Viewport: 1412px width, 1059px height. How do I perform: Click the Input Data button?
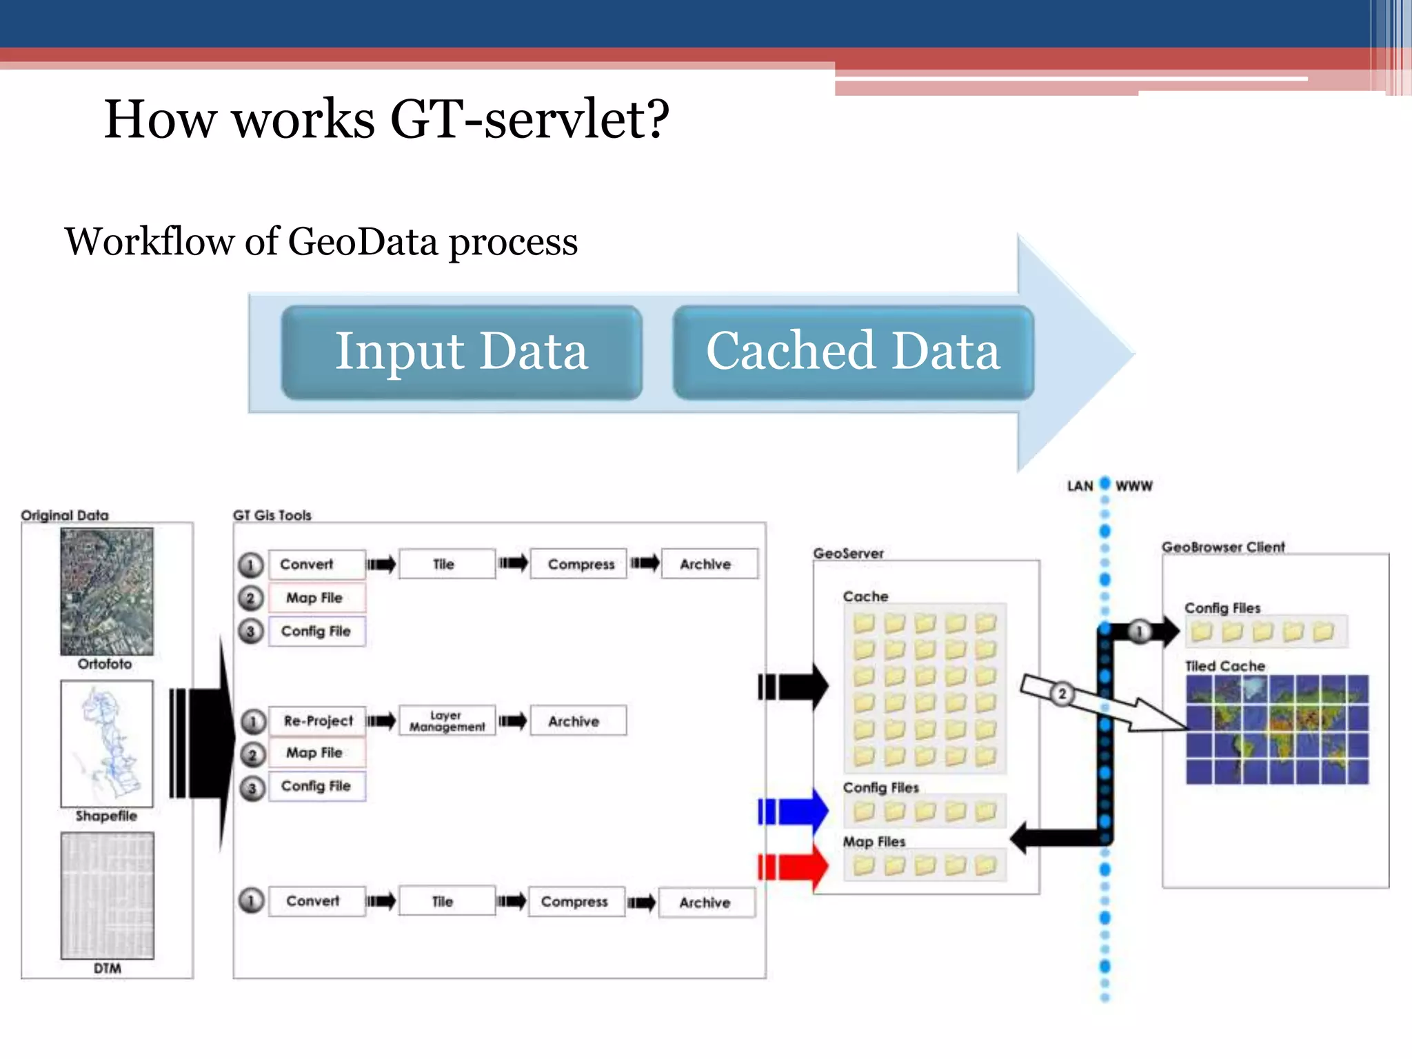pos(461,352)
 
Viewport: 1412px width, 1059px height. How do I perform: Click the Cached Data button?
pos(853,352)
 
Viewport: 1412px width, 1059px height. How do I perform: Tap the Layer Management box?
pos(447,721)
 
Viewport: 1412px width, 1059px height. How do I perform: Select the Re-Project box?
pos(317,721)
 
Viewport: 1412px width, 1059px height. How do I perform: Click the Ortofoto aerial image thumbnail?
pos(107,592)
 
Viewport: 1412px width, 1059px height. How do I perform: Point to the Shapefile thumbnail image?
pos(107,743)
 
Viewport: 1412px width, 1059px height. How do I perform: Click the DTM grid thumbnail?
pos(107,895)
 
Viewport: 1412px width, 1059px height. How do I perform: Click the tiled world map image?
pos(1277,729)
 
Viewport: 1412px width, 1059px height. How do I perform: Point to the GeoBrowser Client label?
pos(1223,547)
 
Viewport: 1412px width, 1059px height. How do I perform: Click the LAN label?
pos(1080,486)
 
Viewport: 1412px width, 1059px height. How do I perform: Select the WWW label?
pos(1133,486)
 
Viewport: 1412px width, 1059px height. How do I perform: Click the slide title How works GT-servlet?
pos(386,119)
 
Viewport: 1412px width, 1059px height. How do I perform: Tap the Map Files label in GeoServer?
pos(874,842)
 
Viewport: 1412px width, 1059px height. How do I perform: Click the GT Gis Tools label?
pos(272,515)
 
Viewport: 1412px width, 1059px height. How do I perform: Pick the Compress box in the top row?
pos(580,564)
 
